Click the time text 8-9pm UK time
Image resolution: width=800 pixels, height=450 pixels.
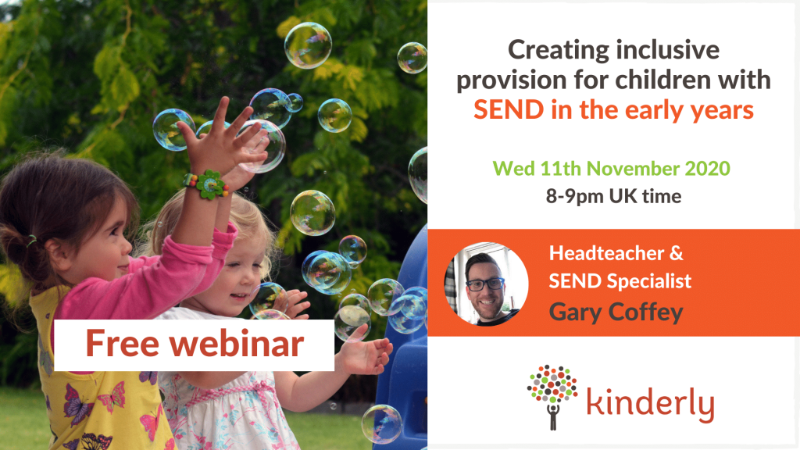pos(613,196)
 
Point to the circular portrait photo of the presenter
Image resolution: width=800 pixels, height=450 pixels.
pos(486,283)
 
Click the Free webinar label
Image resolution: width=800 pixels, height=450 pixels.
pos(194,344)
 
